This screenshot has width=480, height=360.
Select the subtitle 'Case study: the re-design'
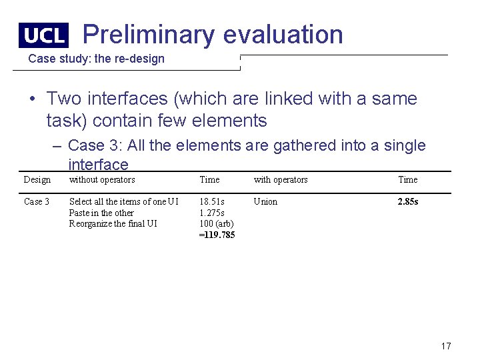96,59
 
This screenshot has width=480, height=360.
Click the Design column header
37,179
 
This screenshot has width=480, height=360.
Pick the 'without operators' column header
102,179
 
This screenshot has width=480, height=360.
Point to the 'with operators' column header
281,179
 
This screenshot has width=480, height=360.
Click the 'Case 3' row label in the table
37,201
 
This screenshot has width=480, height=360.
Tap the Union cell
265,201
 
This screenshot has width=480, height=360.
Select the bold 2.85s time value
408,201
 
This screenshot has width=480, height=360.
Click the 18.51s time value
212,201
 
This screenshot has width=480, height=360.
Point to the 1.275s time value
213,213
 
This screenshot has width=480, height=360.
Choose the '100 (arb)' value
217,223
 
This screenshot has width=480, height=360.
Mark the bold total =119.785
217,235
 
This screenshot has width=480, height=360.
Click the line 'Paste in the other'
101,213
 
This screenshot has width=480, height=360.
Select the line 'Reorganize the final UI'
113,223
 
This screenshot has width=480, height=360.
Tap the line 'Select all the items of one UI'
124,201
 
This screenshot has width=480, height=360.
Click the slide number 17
446,345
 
